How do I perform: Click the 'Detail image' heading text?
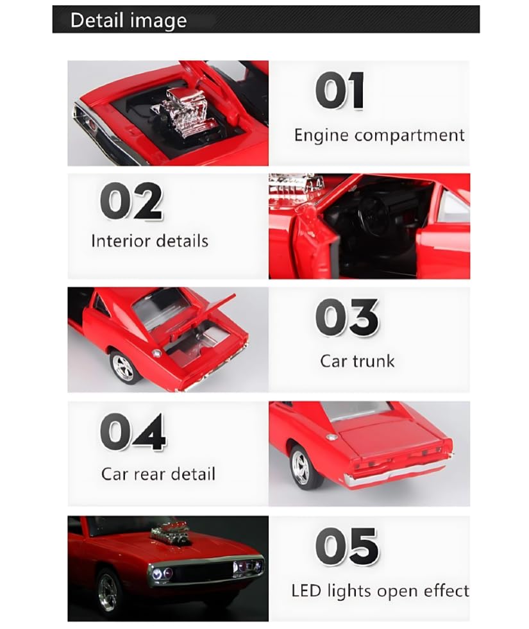tap(128, 20)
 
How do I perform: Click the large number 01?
tap(340, 90)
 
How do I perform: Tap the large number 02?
tap(131, 201)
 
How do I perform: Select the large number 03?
tap(347, 317)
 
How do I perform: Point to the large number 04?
tap(133, 432)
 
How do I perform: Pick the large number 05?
tap(347, 546)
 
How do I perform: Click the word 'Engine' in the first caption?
tap(321, 135)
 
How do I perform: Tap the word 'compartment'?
tap(410, 135)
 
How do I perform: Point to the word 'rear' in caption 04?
tap(148, 474)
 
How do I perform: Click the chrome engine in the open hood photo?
tap(181, 112)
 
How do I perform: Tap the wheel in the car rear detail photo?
tap(301, 467)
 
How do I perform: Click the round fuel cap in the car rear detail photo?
tap(332, 437)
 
